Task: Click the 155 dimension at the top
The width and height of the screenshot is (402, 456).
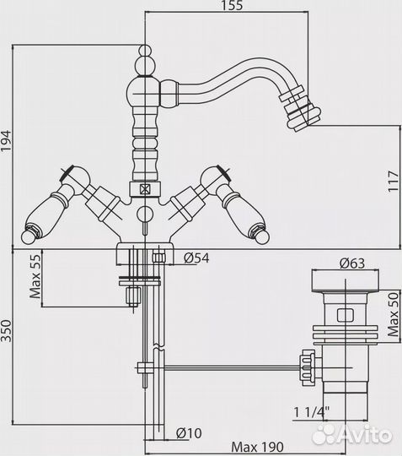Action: tap(232, 6)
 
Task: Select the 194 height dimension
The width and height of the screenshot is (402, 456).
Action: tap(6, 141)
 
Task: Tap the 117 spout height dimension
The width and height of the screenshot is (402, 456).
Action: tap(394, 181)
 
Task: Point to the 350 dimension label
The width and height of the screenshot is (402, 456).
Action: tap(6, 331)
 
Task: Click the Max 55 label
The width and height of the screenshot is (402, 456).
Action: tap(35, 277)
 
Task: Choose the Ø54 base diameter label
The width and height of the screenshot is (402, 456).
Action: tap(196, 258)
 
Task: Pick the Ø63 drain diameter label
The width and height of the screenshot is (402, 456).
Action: tap(352, 263)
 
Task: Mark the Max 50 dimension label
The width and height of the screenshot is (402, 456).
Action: tap(394, 315)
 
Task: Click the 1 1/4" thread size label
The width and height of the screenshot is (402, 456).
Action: tap(312, 412)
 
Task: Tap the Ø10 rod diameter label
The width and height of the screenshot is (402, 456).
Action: tap(189, 433)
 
